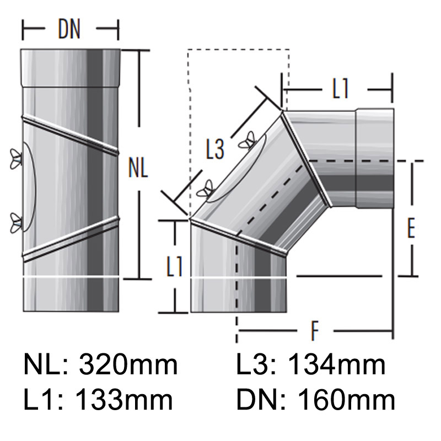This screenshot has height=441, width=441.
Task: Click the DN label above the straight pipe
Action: pos(69,31)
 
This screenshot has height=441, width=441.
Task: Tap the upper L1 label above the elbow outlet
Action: pos(341,90)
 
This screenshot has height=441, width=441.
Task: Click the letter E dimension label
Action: pos(410,229)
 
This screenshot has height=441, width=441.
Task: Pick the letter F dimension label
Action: pos(315,331)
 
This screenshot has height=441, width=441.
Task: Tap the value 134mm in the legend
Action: pos(337,365)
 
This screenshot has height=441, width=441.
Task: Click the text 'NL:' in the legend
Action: pos(46,365)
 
